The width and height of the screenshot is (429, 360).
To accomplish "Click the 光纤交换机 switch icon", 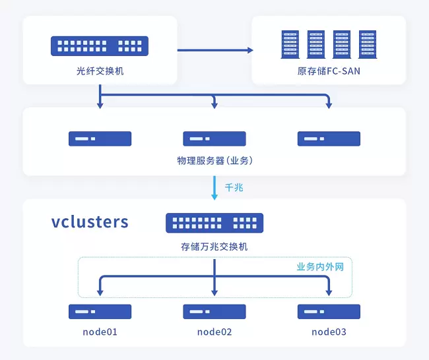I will click(100, 46).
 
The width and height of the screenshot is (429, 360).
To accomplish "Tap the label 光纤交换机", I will click(100, 71).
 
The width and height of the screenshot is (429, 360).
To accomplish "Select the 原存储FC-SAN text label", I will click(329, 71).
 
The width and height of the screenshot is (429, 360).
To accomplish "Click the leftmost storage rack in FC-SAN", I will click(288, 44).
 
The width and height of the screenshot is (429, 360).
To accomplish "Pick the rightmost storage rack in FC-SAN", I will click(367, 44).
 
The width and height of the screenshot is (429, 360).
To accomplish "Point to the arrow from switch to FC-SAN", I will click(214, 49).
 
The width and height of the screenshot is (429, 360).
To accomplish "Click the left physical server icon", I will click(100, 138).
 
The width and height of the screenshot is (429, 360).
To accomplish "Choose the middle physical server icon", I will click(214, 138).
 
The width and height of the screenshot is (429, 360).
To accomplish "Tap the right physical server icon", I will click(329, 138).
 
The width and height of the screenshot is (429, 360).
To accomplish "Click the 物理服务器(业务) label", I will click(214, 160).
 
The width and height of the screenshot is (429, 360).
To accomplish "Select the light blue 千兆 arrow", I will click(214, 189).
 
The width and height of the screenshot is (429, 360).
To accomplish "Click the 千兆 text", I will click(234, 188).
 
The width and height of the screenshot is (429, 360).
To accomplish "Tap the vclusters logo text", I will click(90, 222).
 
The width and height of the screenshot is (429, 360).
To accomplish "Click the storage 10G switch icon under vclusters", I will click(214, 223).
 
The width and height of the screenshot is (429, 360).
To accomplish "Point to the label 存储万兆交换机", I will click(214, 247).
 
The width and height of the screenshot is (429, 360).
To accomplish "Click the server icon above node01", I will click(100, 311).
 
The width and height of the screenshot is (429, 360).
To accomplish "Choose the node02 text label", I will click(214, 332).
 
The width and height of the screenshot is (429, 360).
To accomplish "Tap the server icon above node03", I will click(329, 311).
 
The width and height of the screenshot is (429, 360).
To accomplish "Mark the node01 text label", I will click(100, 332).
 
